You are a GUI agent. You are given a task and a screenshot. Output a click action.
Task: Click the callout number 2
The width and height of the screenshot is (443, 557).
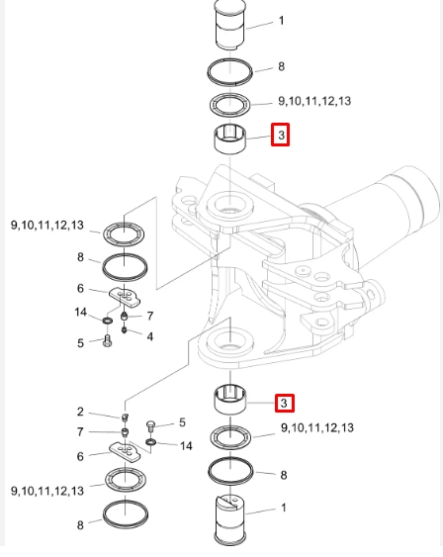(x=80, y=412)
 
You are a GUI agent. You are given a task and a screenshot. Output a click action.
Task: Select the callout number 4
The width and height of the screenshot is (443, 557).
(x=150, y=336)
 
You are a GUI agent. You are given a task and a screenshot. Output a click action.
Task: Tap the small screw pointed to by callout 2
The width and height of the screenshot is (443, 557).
(x=125, y=418)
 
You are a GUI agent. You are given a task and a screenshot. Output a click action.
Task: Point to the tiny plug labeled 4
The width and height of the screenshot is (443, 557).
(x=125, y=330)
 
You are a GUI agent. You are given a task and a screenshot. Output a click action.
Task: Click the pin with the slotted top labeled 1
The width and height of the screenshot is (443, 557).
(x=230, y=519)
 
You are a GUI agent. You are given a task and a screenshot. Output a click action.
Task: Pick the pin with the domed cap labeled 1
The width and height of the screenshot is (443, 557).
(x=230, y=25)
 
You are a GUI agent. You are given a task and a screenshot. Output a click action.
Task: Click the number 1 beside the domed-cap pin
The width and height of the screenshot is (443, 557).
(x=282, y=21)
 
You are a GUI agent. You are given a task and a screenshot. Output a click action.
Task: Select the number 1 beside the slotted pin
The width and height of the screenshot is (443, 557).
(x=284, y=508)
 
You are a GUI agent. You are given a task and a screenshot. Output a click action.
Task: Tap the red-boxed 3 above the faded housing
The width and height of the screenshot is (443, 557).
(x=281, y=135)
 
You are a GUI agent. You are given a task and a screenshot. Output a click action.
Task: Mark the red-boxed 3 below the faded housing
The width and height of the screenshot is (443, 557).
(x=285, y=404)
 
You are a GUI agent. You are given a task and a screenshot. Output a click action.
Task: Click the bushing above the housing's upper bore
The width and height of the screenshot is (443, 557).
(x=229, y=139)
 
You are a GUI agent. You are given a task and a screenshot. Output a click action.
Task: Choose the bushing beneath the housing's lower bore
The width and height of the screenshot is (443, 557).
(x=230, y=400)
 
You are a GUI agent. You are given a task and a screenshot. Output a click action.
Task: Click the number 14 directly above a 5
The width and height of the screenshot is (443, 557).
(x=80, y=313)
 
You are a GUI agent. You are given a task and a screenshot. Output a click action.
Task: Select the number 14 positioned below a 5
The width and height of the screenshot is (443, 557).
(x=186, y=446)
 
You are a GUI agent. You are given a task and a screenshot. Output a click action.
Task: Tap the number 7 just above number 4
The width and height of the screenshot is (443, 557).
(x=150, y=316)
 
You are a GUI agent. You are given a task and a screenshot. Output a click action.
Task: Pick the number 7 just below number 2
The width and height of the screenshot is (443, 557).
(x=80, y=432)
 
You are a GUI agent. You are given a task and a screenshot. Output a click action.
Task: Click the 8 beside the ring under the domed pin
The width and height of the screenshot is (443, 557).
(x=282, y=66)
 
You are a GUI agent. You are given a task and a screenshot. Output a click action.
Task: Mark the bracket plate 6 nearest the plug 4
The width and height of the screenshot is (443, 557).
(x=125, y=297)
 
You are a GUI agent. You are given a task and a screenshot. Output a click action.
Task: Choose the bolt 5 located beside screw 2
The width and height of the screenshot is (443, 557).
(x=150, y=426)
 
